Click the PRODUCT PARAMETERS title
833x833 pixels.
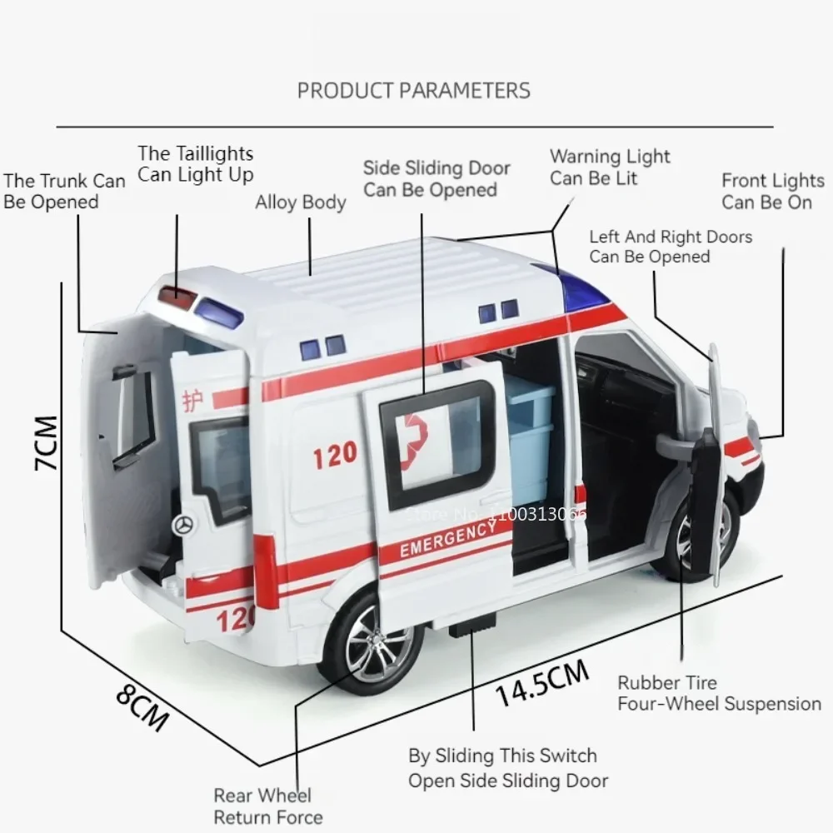(413, 90)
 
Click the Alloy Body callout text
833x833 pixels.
(300, 202)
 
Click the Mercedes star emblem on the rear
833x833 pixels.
(184, 525)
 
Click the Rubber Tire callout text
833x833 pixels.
(667, 683)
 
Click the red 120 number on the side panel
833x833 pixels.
(335, 454)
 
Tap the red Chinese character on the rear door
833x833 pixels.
(192, 402)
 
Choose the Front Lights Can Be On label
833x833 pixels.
(772, 192)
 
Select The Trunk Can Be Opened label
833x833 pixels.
(63, 191)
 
